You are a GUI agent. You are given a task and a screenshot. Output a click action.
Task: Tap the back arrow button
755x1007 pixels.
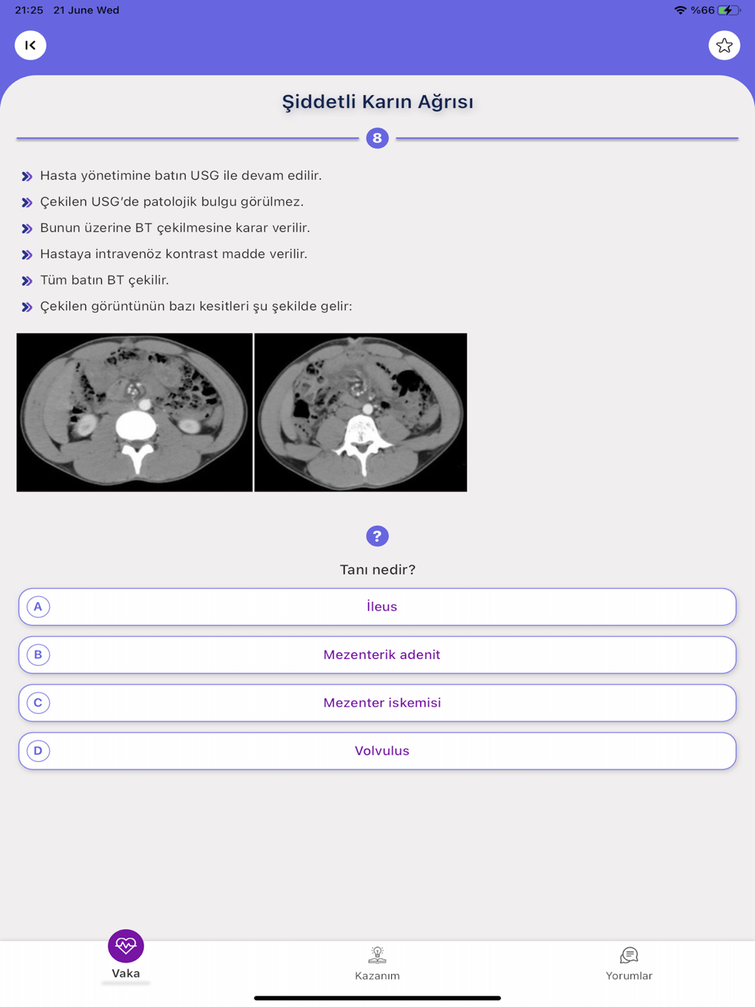point(30,45)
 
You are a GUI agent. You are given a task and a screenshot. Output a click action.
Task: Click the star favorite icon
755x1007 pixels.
point(724,45)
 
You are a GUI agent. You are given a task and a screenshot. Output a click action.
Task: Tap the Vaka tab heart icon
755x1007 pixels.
point(125,946)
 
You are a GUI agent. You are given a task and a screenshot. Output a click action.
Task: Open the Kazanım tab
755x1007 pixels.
point(377,964)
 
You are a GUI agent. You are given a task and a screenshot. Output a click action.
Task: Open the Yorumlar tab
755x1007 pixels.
point(628,964)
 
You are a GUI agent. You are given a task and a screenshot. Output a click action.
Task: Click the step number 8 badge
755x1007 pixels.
point(377,138)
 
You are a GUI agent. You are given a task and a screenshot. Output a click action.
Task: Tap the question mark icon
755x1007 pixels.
point(377,536)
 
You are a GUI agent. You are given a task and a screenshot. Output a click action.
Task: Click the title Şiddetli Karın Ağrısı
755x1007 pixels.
point(377,102)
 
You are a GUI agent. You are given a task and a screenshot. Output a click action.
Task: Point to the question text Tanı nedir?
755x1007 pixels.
point(377,570)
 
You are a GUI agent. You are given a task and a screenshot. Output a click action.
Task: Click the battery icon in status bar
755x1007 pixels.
point(729,11)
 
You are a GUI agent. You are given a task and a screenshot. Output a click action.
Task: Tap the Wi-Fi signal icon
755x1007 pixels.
point(680,11)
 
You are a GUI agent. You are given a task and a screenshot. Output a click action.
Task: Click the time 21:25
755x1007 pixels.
point(29,11)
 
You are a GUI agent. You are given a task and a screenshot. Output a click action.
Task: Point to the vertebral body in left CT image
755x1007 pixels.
point(136,427)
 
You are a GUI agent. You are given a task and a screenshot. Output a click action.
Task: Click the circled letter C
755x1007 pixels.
point(38,703)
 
